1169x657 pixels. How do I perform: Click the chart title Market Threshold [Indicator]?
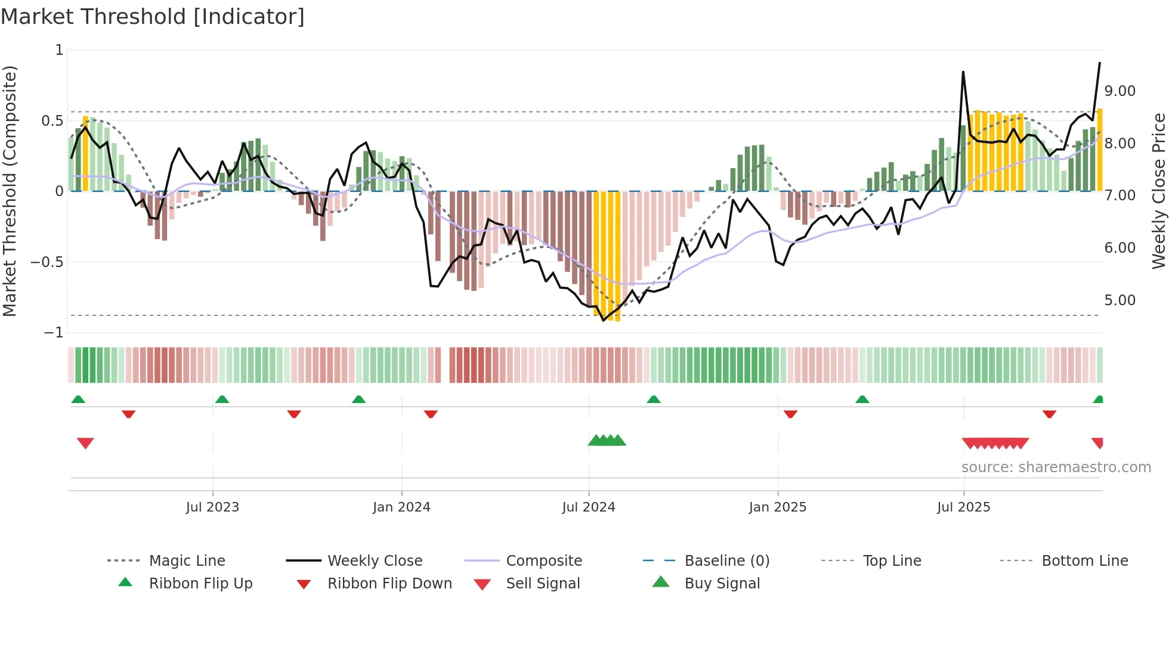(153, 17)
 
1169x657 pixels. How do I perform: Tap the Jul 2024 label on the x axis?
(588, 507)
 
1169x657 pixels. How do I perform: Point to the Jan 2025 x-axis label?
(777, 507)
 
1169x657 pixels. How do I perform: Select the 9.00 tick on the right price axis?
(1119, 91)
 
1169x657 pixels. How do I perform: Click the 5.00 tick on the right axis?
(1119, 300)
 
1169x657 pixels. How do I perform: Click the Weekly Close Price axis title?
(1158, 191)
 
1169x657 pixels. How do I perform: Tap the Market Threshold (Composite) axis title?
(10, 191)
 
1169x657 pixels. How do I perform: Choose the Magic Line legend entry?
(187, 561)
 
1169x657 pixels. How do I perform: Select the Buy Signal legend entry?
(722, 584)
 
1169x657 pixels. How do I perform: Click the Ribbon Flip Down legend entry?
(389, 584)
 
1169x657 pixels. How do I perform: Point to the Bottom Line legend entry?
(1084, 561)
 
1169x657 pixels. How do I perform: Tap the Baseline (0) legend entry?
(726, 561)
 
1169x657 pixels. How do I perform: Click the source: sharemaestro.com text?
(1056, 467)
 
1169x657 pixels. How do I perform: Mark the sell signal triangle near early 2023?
(85, 443)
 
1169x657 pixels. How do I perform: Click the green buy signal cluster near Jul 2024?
(607, 441)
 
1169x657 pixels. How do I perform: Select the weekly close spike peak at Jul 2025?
(963, 72)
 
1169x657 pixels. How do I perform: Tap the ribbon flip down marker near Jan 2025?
(790, 414)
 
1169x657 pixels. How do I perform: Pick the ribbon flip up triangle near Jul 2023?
(222, 399)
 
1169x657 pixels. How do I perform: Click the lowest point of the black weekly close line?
(604, 320)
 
